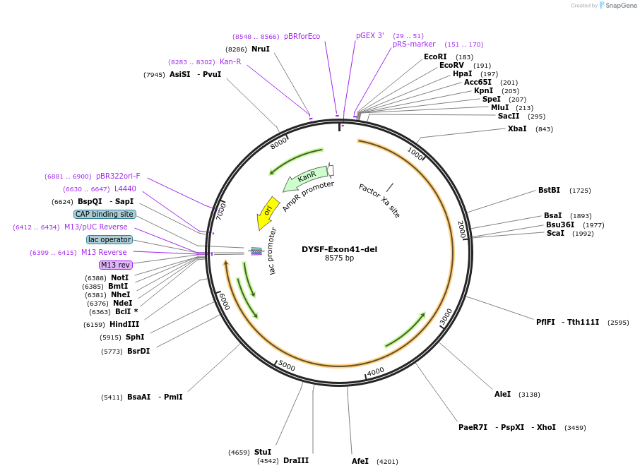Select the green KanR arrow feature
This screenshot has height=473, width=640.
click(306, 178)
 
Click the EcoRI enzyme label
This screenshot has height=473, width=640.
click(435, 56)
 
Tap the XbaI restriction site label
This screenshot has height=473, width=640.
click(517, 128)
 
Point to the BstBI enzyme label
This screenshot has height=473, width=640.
click(549, 190)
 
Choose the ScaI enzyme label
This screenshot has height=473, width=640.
click(555, 233)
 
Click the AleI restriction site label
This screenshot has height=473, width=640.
click(502, 394)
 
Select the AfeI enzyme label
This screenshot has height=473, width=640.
click(360, 461)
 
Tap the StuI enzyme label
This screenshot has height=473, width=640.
click(263, 452)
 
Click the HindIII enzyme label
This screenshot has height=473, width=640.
click(124, 324)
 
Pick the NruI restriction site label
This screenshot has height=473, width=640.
click(261, 49)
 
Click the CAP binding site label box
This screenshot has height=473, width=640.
click(105, 214)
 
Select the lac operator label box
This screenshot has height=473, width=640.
click(109, 239)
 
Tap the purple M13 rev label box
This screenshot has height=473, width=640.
click(116, 265)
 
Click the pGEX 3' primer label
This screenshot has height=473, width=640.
click(370, 35)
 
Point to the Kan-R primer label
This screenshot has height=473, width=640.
click(230, 61)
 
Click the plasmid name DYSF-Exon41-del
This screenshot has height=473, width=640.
click(339, 249)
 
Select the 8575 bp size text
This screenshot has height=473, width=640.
click(339, 258)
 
